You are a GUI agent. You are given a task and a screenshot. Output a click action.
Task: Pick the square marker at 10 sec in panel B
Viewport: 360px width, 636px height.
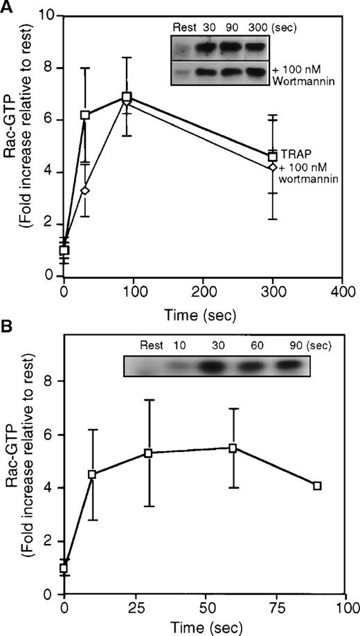click(x=92, y=474)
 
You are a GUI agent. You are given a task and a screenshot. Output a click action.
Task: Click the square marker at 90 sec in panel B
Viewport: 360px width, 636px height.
click(x=317, y=486)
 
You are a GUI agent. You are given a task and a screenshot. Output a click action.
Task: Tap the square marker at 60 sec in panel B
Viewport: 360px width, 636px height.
click(x=233, y=448)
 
